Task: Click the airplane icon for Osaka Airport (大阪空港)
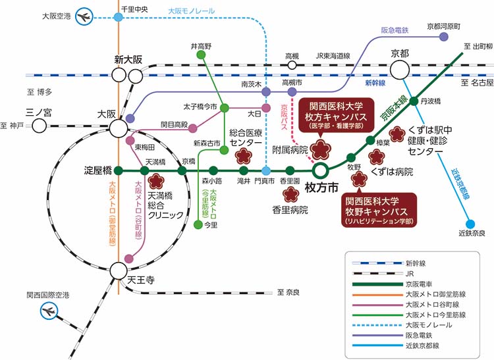[84, 17]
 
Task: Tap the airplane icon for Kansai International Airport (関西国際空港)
[50, 313]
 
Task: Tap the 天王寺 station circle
[119, 270]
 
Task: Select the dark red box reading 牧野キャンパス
[380, 209]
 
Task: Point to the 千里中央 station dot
[118, 17]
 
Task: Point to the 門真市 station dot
[266, 170]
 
